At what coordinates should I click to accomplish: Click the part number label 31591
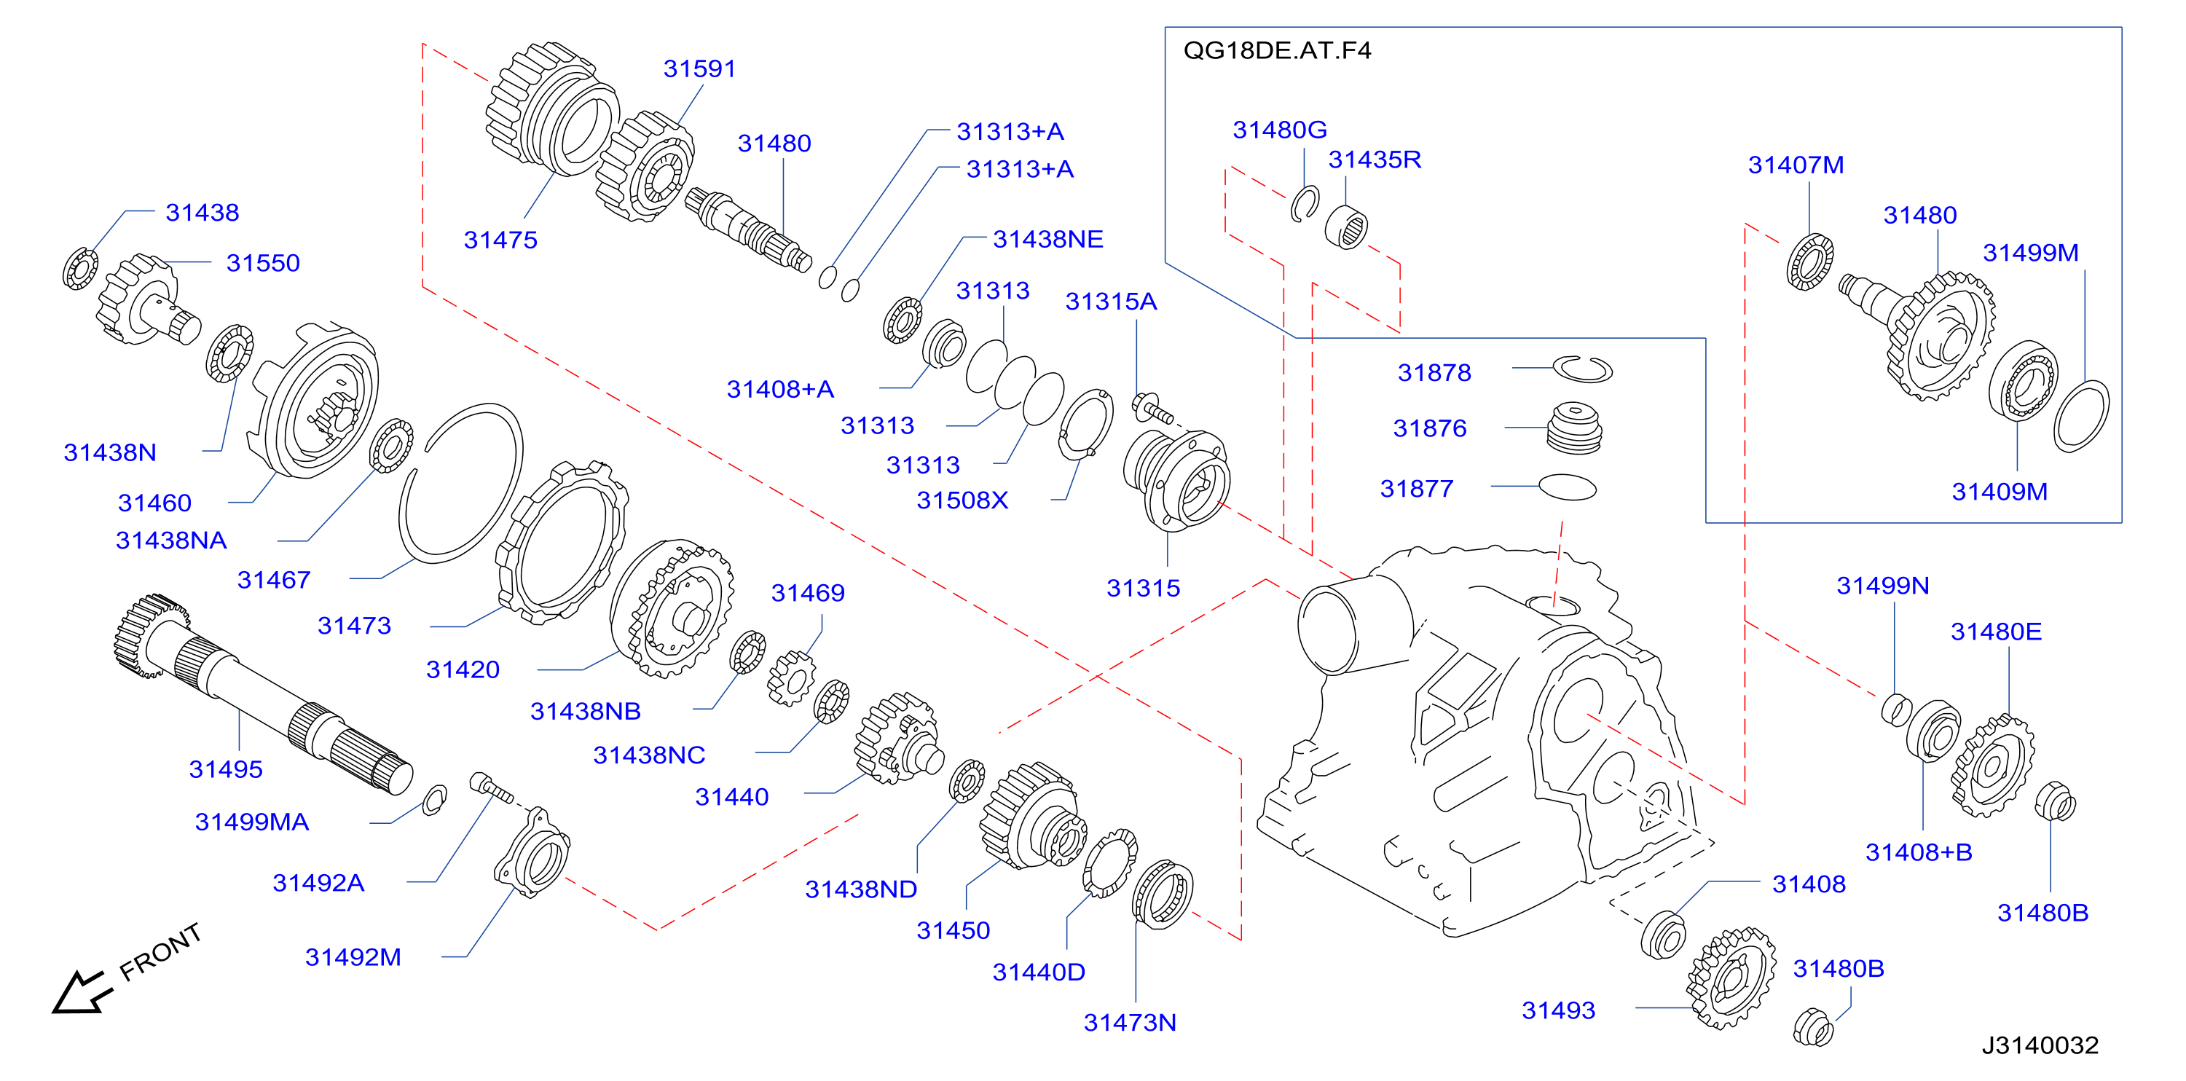tap(699, 68)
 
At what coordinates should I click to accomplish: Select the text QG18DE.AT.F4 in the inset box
tap(1277, 51)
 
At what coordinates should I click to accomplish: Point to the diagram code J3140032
tap(2040, 1045)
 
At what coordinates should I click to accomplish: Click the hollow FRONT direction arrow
tap(81, 993)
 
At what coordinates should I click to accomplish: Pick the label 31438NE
tap(1048, 239)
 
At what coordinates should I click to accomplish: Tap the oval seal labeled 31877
tap(1568, 487)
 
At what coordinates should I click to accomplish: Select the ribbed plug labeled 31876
tap(1575, 428)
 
